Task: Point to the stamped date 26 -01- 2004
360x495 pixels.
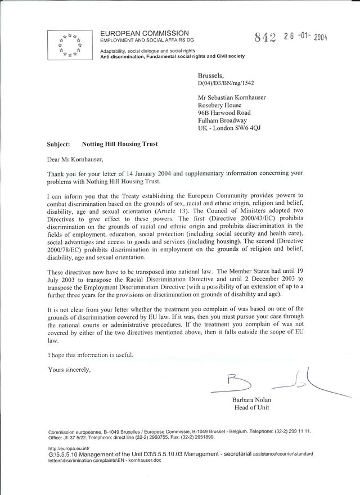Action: [x=305, y=38]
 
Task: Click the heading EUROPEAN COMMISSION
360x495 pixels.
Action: [x=144, y=34]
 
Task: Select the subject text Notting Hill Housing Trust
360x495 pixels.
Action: [x=120, y=144]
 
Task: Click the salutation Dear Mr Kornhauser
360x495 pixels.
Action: [x=76, y=159]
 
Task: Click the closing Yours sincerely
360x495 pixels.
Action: [x=69, y=370]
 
